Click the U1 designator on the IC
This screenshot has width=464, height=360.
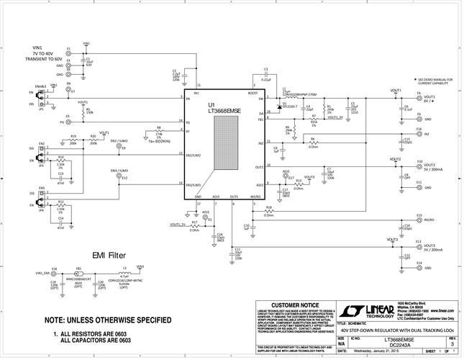[213, 105]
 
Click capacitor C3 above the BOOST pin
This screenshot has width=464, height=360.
[265, 74]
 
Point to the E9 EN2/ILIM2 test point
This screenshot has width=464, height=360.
[119, 148]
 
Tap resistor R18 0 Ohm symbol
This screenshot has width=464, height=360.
[268, 212]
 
